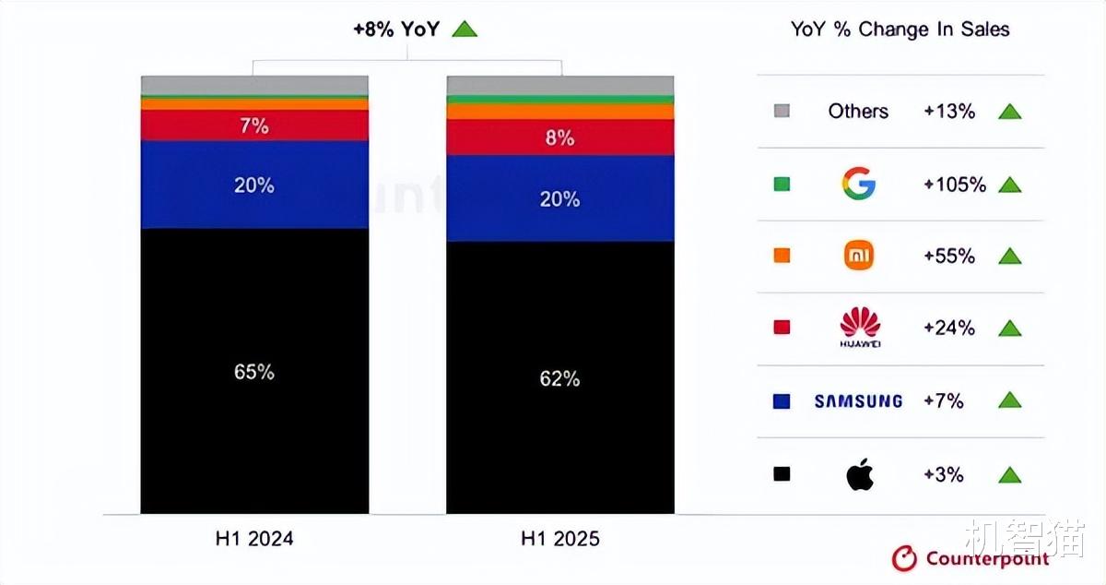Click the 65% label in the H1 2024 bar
254,372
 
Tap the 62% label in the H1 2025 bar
559,378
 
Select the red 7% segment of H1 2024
254,125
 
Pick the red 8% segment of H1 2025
559,137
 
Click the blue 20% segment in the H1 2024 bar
254,185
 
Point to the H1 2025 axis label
559,538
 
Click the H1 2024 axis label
254,538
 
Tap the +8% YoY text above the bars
396,29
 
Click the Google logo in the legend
858,184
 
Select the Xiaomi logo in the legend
858,256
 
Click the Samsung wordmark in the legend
858,400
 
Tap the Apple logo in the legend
859,474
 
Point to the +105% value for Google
955,185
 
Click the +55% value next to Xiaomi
949,257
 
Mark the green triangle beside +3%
1010,475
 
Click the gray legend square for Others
782,112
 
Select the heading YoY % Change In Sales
900,30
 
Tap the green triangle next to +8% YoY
465,29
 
